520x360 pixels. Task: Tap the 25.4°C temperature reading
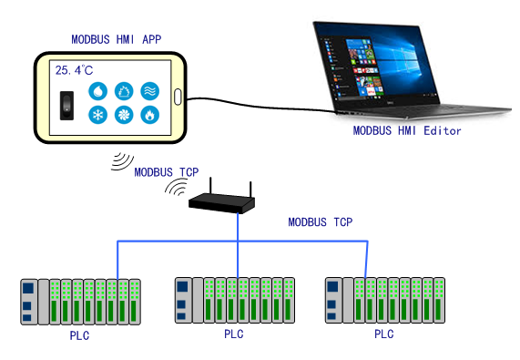click(73, 69)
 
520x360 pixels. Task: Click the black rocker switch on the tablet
click(66, 105)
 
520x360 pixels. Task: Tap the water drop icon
click(97, 91)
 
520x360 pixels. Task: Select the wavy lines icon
click(149, 91)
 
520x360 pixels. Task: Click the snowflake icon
click(97, 116)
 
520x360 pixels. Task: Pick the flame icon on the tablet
click(149, 116)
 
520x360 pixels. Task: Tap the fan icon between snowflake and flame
click(124, 116)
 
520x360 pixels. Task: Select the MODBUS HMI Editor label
click(407, 131)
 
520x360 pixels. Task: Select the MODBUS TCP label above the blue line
click(320, 221)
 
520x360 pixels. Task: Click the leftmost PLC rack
click(81, 300)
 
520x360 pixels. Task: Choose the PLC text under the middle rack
click(234, 334)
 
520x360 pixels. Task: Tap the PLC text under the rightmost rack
click(384, 334)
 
